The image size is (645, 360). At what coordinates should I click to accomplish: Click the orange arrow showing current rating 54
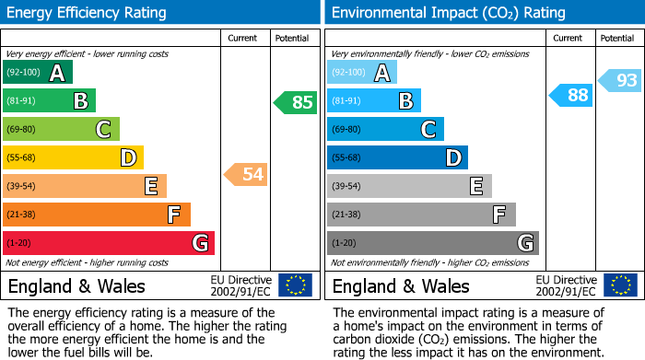246,174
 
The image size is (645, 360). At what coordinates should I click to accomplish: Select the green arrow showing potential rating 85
295,102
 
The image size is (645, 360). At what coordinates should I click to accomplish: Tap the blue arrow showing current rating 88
570,94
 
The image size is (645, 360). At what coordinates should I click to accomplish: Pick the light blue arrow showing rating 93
619,81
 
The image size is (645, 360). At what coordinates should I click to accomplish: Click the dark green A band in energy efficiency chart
37,73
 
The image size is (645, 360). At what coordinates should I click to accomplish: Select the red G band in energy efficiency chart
108,243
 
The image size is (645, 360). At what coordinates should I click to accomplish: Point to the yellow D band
72,157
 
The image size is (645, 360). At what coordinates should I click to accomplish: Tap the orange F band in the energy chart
96,215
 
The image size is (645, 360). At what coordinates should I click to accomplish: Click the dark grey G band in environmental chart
432,243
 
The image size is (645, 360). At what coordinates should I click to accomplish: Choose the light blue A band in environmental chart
361,73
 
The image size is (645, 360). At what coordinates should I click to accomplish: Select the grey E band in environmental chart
408,186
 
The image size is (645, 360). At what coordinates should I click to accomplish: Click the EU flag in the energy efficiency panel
295,285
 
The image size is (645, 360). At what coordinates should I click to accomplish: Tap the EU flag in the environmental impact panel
621,285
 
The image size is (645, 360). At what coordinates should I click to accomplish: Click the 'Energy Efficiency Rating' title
88,13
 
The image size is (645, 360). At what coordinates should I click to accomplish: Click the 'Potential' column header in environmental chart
617,38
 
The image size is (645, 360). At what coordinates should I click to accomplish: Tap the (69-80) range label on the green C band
23,129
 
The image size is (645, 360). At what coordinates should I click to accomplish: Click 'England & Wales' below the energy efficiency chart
76,285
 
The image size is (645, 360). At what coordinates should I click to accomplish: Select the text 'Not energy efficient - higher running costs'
88,263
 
